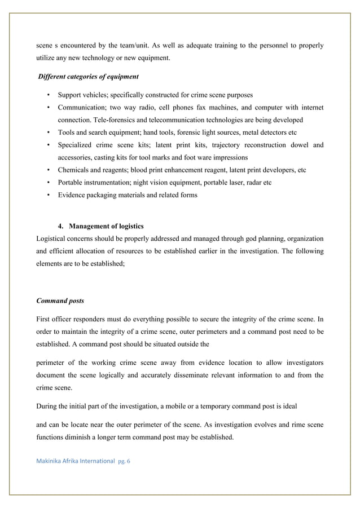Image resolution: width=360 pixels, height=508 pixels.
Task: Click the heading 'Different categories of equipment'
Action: pos(88,77)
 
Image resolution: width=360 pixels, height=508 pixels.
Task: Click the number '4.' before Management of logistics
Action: pos(62,227)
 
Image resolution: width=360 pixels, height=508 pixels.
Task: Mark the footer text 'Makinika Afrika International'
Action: pos(76,461)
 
